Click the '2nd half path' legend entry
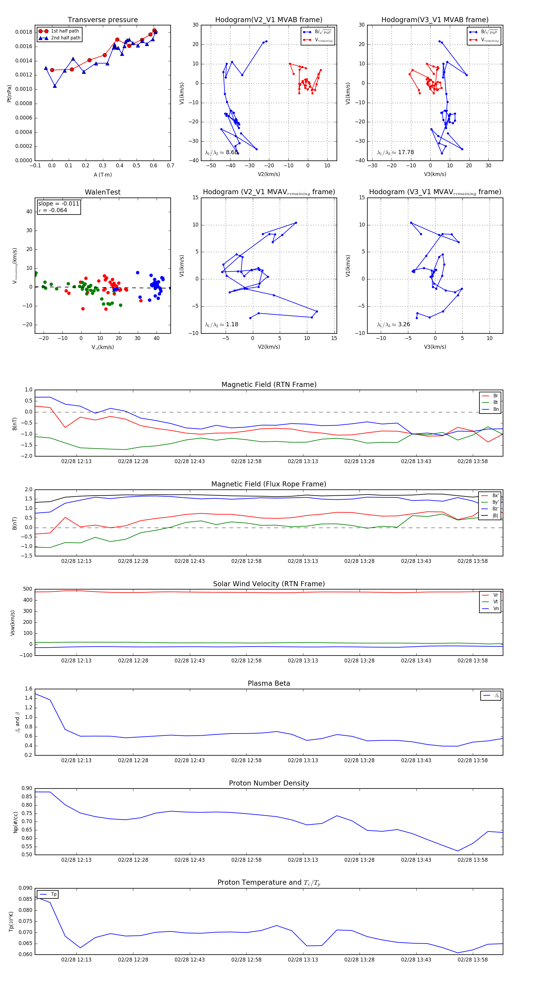point(65,38)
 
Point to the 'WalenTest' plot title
point(103,192)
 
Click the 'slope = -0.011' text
point(59,204)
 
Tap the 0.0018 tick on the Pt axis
point(24,32)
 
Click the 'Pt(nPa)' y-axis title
point(9,94)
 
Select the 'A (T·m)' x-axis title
point(103,175)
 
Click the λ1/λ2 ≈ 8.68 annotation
point(221,152)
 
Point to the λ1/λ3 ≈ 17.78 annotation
point(395,152)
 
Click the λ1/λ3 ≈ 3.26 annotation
point(393,324)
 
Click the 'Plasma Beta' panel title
point(269,684)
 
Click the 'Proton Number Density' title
point(269,783)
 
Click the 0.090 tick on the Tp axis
point(26,888)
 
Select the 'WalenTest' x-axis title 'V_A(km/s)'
point(103,347)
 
